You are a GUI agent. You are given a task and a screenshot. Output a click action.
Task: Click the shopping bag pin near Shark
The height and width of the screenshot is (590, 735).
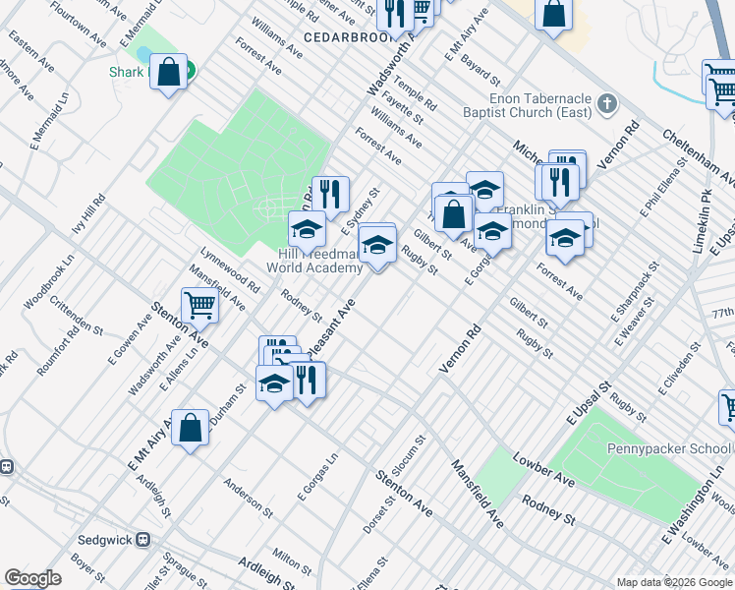tap(169, 72)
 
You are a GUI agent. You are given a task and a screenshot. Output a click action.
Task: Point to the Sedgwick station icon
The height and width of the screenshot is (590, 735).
tap(143, 539)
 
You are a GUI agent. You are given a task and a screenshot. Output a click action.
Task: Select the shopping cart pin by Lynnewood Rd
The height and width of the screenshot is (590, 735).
tap(199, 305)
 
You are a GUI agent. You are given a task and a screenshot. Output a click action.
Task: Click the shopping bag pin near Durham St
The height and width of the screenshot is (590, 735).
tap(191, 428)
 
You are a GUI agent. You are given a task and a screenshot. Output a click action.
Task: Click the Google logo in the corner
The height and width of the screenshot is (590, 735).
tap(32, 578)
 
